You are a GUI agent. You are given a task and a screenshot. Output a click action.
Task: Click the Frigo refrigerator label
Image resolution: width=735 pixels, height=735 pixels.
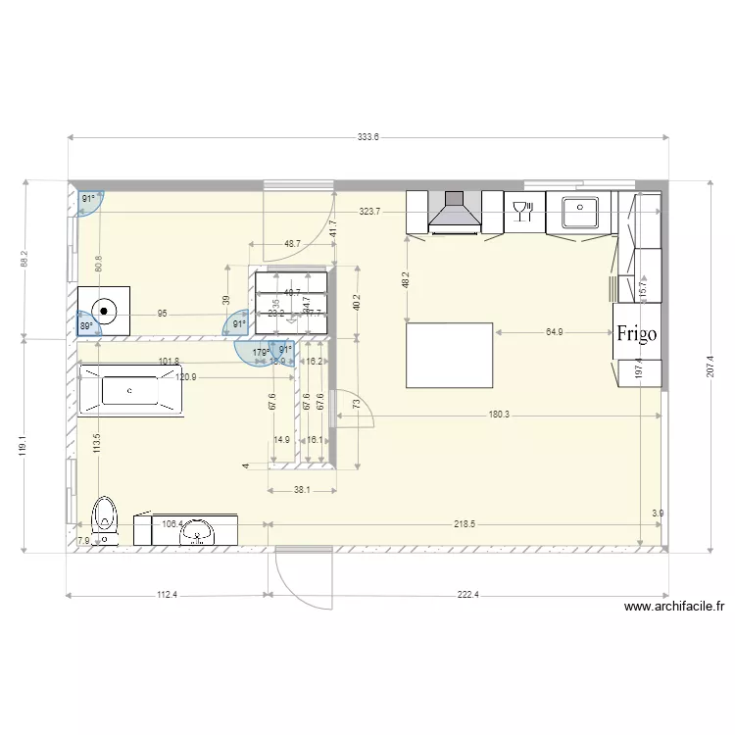pyautogui.click(x=637, y=332)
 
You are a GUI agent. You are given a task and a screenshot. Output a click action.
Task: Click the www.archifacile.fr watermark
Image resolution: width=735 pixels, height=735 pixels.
pyautogui.click(x=678, y=607)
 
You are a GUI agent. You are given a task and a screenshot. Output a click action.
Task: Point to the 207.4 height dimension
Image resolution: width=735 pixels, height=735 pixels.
pyautogui.click(x=710, y=368)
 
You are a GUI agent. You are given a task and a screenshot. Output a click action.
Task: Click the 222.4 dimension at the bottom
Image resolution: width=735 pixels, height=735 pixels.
pyautogui.click(x=469, y=595)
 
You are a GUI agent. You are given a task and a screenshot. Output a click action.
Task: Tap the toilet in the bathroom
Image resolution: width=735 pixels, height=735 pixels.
pyautogui.click(x=103, y=518)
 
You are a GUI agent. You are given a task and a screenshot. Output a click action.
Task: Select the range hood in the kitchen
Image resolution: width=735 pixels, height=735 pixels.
pyautogui.click(x=454, y=214)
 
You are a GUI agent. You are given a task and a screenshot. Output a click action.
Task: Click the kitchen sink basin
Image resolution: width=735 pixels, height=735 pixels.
pyautogui.click(x=582, y=210)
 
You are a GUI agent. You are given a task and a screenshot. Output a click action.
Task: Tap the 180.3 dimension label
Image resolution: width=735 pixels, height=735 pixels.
pyautogui.click(x=499, y=415)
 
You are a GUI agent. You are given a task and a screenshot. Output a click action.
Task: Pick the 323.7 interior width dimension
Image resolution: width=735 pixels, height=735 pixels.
pyautogui.click(x=369, y=211)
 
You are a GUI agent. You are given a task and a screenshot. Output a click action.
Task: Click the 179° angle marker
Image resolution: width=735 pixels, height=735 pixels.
pyautogui.click(x=260, y=352)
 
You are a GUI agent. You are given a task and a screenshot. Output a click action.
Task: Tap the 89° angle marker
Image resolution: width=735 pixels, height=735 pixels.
pyautogui.click(x=86, y=326)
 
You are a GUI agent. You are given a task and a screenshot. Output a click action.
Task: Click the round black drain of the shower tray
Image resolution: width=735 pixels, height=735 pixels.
pyautogui.click(x=103, y=310)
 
